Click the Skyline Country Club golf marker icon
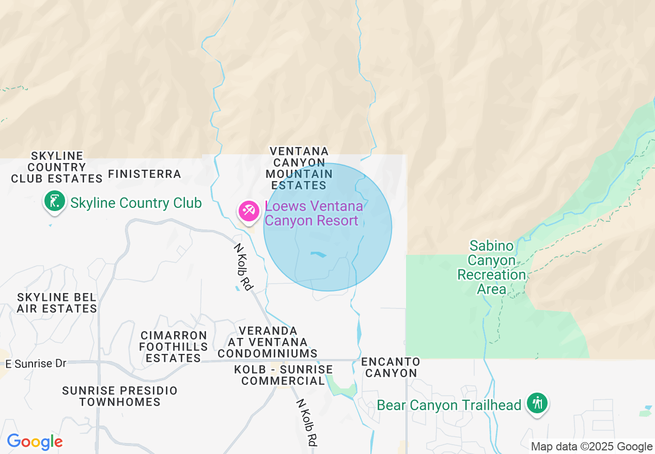pos(54,201)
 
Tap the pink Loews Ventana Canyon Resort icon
pos(248,210)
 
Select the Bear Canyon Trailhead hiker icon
pos(538,403)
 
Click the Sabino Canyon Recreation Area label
pos(491,267)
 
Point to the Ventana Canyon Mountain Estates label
pos(299,168)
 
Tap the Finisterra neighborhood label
pos(145,174)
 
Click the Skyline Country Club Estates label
pos(57,167)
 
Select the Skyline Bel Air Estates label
pos(57,303)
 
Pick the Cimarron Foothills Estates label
pos(174,347)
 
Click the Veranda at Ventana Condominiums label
pos(267,342)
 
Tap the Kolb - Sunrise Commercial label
pos(283,375)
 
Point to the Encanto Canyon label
pos(391,367)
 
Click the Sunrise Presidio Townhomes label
pos(120,396)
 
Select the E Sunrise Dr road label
pos(36,364)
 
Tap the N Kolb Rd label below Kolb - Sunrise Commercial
pos(306,422)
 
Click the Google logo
pos(35,442)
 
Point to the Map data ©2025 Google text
pos(591,447)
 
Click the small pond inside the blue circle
pos(319,254)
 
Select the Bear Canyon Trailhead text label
pos(449,406)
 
